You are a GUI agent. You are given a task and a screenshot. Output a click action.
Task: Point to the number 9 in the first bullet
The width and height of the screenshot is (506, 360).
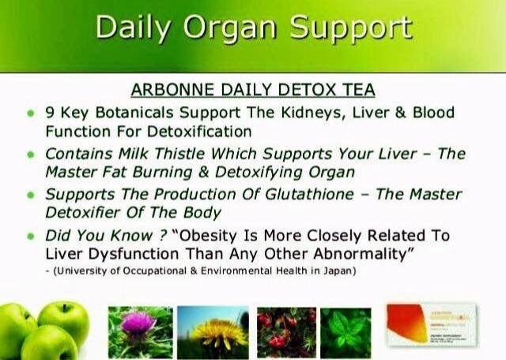click(x=50, y=112)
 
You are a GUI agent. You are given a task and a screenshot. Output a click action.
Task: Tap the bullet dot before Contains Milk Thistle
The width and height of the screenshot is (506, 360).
click(x=31, y=154)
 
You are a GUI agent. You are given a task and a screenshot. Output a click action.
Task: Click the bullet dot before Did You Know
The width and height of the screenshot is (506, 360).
click(x=31, y=237)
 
